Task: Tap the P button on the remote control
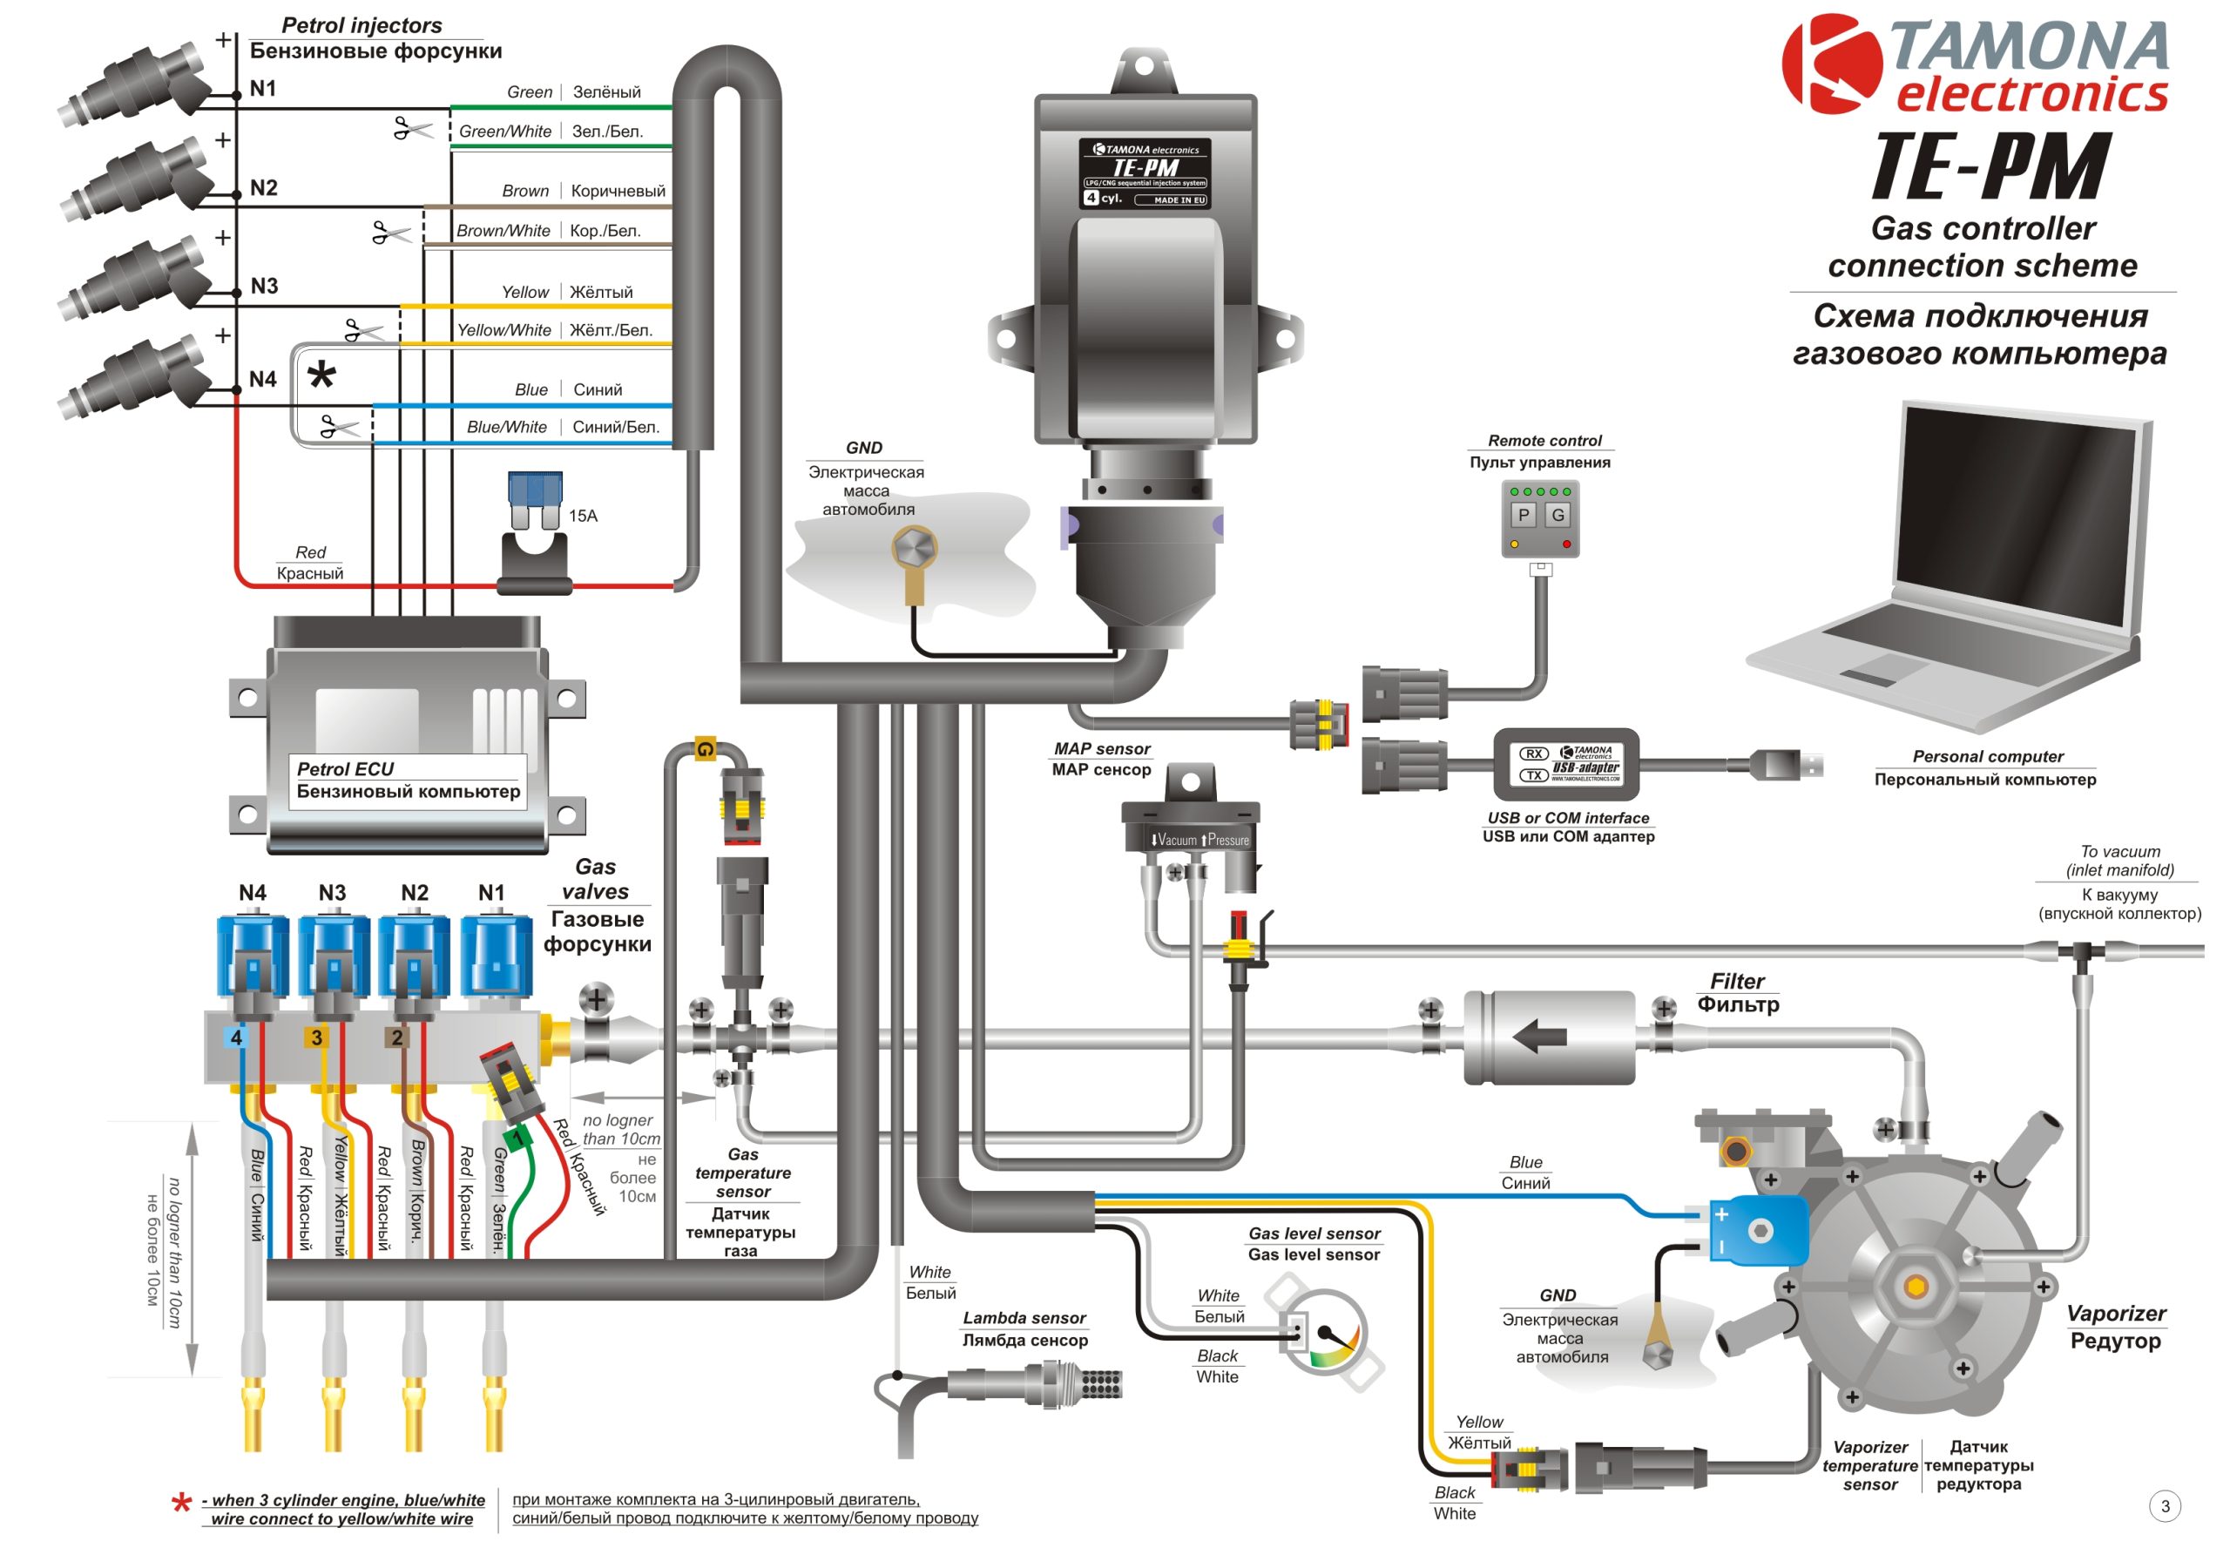pos(1523,516)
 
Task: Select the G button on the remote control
pos(1558,516)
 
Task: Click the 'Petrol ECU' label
pos(345,769)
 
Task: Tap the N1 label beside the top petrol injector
pos(262,89)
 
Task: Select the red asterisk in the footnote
pos(180,1504)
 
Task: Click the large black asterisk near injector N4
pos(321,375)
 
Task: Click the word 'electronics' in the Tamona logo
pos(2032,95)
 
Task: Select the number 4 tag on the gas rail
pos(235,1038)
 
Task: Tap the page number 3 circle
pos(2166,1506)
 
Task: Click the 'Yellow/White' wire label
pos(503,330)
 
